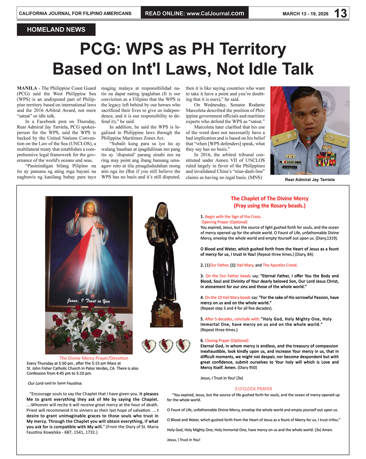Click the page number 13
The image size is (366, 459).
point(340,13)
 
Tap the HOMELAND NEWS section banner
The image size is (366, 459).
point(56,30)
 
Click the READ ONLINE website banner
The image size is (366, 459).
point(195,13)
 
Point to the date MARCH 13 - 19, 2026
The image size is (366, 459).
point(305,14)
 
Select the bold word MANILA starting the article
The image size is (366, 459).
point(27,88)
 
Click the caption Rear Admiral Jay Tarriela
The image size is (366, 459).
point(309,180)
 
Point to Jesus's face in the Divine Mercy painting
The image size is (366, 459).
point(90,211)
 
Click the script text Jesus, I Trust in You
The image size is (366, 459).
point(89,301)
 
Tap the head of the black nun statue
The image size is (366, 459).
point(161,210)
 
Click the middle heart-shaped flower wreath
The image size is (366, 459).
point(166,345)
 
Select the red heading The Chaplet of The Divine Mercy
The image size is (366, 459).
point(269,199)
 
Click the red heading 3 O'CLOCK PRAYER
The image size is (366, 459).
point(253,389)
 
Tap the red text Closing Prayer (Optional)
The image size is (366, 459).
point(226,341)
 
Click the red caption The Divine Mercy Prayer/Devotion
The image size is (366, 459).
point(93,358)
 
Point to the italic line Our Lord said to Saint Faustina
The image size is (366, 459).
point(55,383)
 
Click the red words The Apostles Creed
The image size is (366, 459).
point(280,265)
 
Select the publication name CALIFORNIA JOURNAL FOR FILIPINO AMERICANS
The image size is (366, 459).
point(75,13)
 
